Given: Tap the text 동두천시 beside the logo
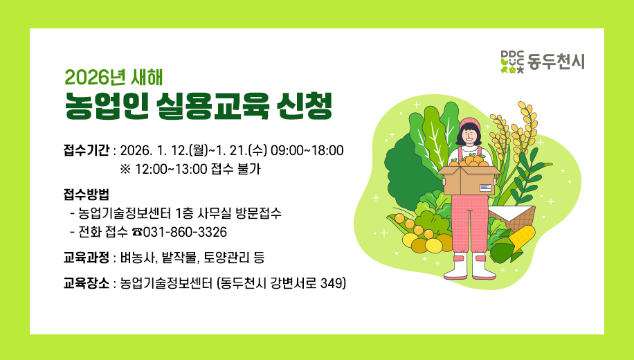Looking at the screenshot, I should pos(556,62).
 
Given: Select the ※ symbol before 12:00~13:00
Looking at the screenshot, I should pos(125,169).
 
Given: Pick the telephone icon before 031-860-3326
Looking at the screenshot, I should pos(136,231).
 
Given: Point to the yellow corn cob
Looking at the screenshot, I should pos(524,235).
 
